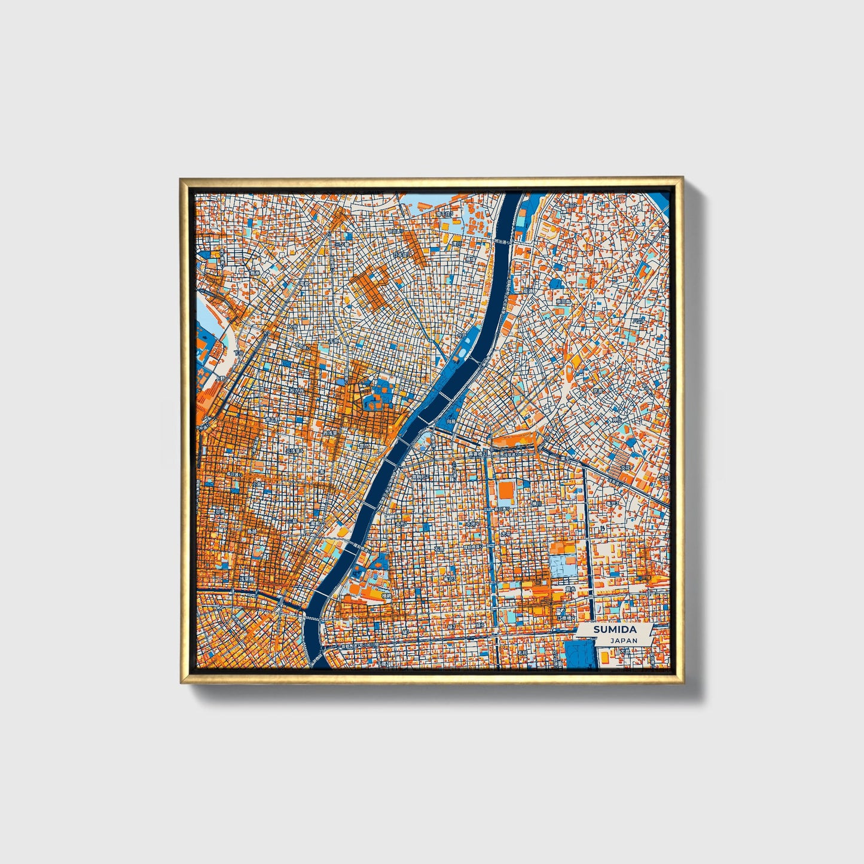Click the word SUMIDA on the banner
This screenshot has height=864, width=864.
(x=615, y=630)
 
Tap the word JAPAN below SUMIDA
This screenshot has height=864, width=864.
(x=624, y=640)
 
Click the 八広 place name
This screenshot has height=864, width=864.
(x=640, y=320)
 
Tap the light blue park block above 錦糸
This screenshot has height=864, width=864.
(x=563, y=566)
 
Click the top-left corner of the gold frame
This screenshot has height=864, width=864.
(x=181, y=179)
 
